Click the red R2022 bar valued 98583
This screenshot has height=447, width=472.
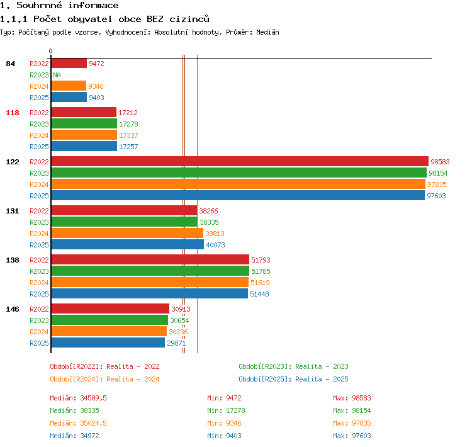pyautogui.click(x=240, y=161)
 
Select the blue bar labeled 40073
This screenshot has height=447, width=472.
pyautogui.click(x=128, y=244)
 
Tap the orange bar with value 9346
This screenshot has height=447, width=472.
pyautogui.click(x=69, y=86)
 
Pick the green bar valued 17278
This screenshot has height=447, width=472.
pyautogui.click(x=84, y=123)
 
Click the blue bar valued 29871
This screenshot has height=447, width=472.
pyautogui.click(x=108, y=342)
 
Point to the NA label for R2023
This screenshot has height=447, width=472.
pyautogui.click(x=57, y=75)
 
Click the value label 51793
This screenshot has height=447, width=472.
pyautogui.click(x=261, y=260)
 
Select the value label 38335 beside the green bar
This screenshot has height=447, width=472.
pyautogui.click(x=209, y=222)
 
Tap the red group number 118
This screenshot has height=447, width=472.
pyautogui.click(x=13, y=113)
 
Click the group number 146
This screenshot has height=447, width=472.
pyautogui.click(x=13, y=309)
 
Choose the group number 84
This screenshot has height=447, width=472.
pyautogui.click(x=10, y=64)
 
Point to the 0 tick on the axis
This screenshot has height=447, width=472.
pyautogui.click(x=50, y=51)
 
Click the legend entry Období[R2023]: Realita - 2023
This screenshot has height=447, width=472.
pyautogui.click(x=293, y=366)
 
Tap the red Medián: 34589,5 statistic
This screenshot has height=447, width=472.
pyautogui.click(x=78, y=398)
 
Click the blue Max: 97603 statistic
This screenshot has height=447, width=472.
pyautogui.click(x=352, y=436)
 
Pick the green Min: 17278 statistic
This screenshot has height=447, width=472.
pyautogui.click(x=226, y=410)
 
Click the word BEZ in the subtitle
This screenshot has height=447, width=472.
pyautogui.click(x=155, y=20)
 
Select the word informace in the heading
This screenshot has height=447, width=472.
pyautogui.click(x=93, y=6)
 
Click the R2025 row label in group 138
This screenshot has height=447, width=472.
pyautogui.click(x=39, y=294)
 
